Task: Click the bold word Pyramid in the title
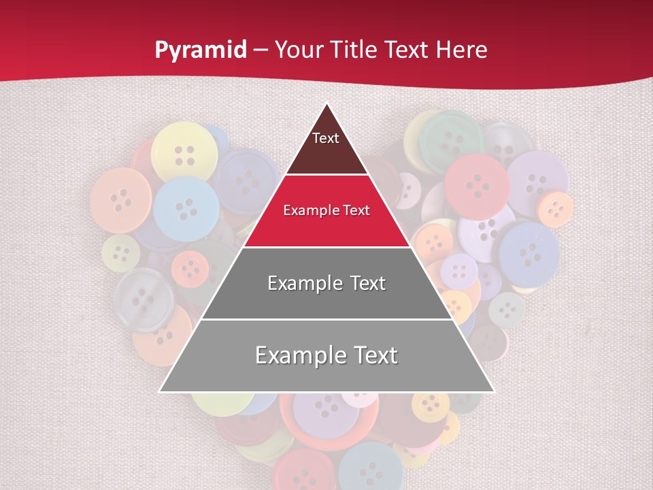pyautogui.click(x=201, y=50)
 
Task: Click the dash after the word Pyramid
pyautogui.click(x=261, y=50)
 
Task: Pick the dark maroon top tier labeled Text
pyautogui.click(x=326, y=146)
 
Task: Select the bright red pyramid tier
pyautogui.click(x=326, y=221)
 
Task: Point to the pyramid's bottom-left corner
pyautogui.click(x=161, y=391)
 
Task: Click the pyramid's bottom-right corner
pyautogui.click(x=493, y=391)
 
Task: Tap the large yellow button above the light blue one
pyautogui.click(x=184, y=152)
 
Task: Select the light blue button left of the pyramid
pyautogui.click(x=186, y=208)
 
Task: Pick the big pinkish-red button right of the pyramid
pyautogui.click(x=477, y=186)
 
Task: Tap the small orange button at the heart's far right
pyautogui.click(x=556, y=209)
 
